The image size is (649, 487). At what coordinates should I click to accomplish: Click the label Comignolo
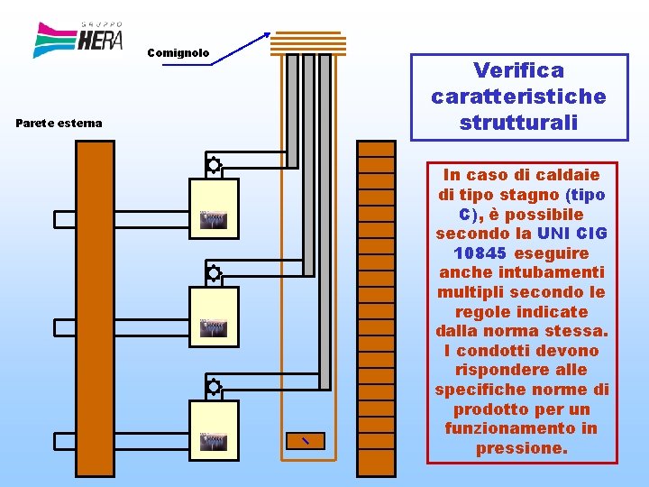pyautogui.click(x=178, y=53)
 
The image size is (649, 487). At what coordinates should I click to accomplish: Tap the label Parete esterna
pyautogui.click(x=59, y=123)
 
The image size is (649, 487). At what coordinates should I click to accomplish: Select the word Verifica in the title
pyautogui.click(x=518, y=70)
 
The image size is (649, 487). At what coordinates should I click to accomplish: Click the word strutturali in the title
pyautogui.click(x=518, y=122)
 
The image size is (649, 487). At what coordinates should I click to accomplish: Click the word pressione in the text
pyautogui.click(x=520, y=448)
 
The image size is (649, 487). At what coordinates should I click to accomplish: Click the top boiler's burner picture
pyautogui.click(x=213, y=219)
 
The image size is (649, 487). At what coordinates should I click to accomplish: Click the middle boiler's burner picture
pyautogui.click(x=213, y=327)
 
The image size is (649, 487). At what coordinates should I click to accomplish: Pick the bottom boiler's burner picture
pyautogui.click(x=213, y=441)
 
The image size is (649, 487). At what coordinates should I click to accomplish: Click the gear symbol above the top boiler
pyautogui.click(x=214, y=165)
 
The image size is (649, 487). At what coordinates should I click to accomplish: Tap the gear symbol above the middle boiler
pyautogui.click(x=214, y=273)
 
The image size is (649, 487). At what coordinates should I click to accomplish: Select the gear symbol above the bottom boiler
pyautogui.click(x=214, y=387)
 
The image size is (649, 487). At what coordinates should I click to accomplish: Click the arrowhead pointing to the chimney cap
pyautogui.click(x=266, y=36)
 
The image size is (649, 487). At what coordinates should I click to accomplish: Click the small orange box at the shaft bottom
pyautogui.click(x=305, y=440)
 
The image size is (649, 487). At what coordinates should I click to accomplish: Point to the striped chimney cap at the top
pyautogui.click(x=308, y=43)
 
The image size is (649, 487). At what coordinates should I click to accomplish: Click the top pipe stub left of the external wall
pyautogui.click(x=66, y=219)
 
